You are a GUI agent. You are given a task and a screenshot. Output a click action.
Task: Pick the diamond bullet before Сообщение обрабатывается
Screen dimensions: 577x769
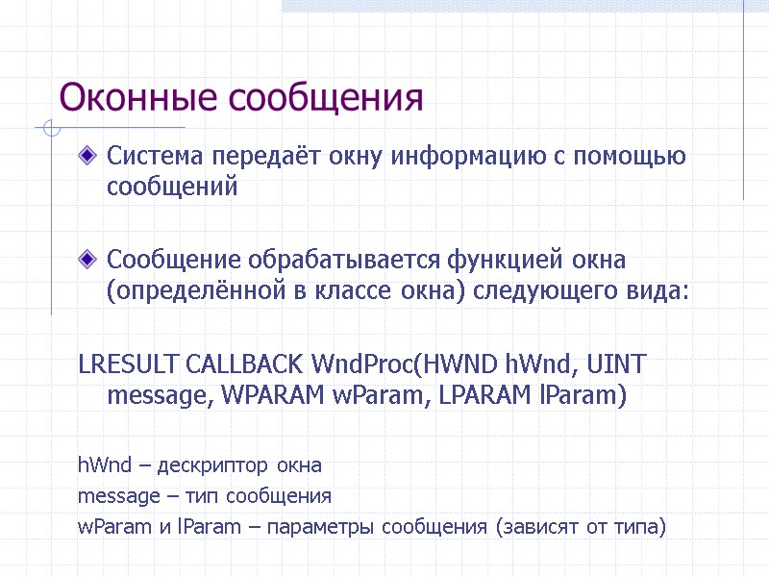tap(88, 259)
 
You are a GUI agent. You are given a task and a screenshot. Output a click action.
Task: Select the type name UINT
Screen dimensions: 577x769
tap(615, 364)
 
